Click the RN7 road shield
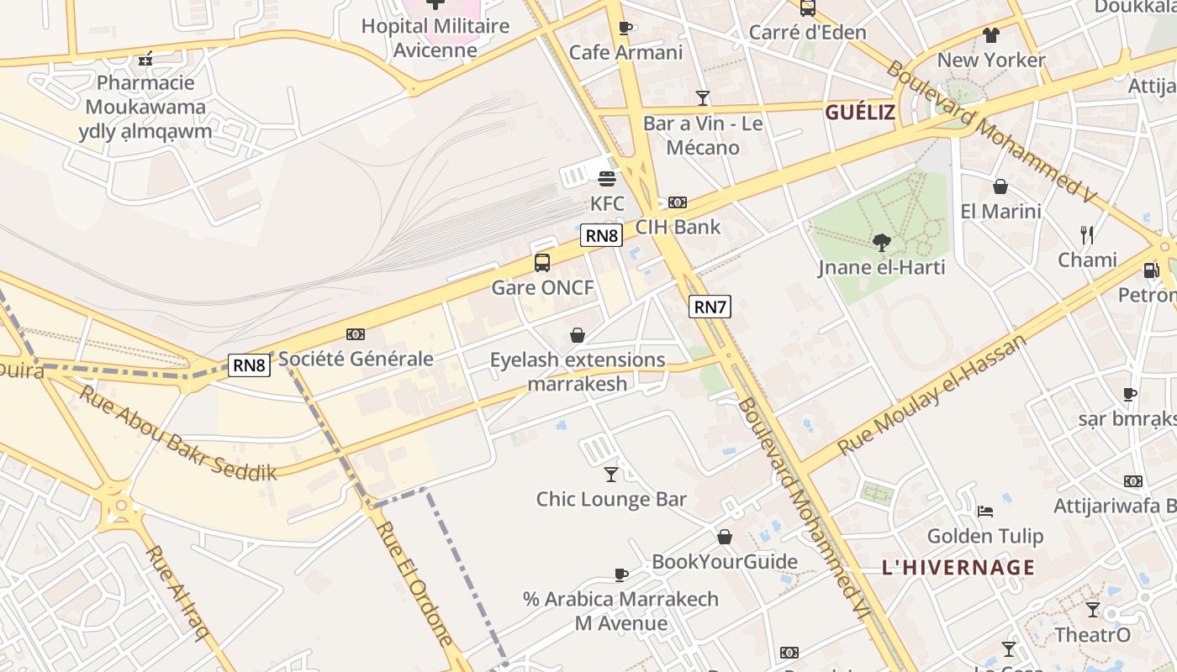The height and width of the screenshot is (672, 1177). [x=710, y=307]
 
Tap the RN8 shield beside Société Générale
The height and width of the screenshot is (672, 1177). [x=249, y=365]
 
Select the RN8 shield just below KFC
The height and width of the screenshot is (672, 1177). [x=601, y=235]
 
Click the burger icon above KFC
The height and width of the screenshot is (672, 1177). [x=607, y=178]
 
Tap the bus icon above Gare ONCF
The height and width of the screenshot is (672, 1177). [x=542, y=263]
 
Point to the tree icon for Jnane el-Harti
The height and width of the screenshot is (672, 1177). [x=881, y=244]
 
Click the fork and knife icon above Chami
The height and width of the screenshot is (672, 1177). [x=1087, y=235]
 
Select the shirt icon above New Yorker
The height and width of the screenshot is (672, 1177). [x=991, y=35]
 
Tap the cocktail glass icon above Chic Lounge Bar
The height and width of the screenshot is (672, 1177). [x=611, y=475]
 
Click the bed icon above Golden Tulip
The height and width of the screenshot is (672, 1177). [x=985, y=511]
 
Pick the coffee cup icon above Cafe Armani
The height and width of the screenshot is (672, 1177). [x=625, y=28]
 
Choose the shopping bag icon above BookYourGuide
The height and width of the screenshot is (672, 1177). [x=725, y=537]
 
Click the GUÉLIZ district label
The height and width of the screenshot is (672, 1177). [x=859, y=113]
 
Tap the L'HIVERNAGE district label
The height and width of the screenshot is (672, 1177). [x=958, y=567]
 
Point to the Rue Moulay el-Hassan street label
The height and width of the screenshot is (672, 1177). [x=932, y=394]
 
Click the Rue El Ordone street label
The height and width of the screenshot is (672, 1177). [x=415, y=583]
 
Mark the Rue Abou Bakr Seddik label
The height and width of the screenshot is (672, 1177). [x=177, y=433]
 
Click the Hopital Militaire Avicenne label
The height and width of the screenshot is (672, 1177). [x=435, y=38]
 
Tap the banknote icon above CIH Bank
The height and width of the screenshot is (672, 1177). [x=678, y=202]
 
